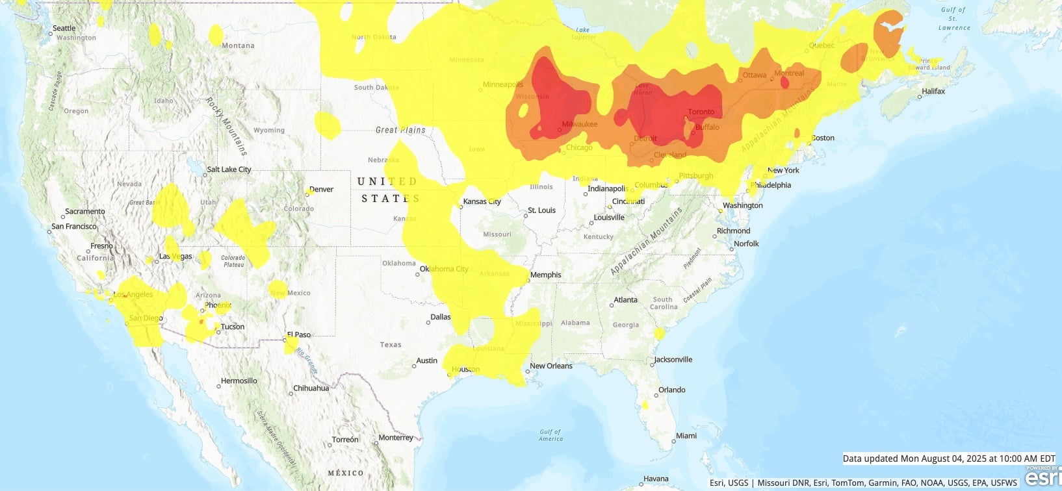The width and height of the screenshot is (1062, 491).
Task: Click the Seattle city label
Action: click(64, 28)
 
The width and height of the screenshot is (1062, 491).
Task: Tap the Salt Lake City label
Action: click(229, 170)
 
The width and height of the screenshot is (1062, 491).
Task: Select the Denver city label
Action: click(321, 190)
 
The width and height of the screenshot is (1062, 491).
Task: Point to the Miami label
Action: click(686, 436)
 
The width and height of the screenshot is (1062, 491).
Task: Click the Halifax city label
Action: click(933, 92)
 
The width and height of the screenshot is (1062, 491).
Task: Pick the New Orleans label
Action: click(551, 366)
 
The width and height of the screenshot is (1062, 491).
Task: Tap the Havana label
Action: click(656, 479)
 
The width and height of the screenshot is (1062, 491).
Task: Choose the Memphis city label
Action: click(545, 275)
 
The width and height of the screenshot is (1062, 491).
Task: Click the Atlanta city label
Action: click(625, 300)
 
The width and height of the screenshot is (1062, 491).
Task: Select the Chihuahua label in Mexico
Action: click(311, 388)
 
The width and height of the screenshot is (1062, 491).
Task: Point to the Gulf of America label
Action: click(550, 435)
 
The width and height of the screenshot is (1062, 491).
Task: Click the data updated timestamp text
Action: click(949, 459)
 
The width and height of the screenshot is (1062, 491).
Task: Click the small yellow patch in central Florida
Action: click(645, 405)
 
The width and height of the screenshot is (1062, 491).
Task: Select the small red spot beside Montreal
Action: click(784, 82)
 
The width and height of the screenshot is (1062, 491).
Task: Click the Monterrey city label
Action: click(395, 438)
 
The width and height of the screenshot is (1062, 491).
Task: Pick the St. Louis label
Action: click(541, 210)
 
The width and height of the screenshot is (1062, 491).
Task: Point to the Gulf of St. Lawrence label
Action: click(953, 19)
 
